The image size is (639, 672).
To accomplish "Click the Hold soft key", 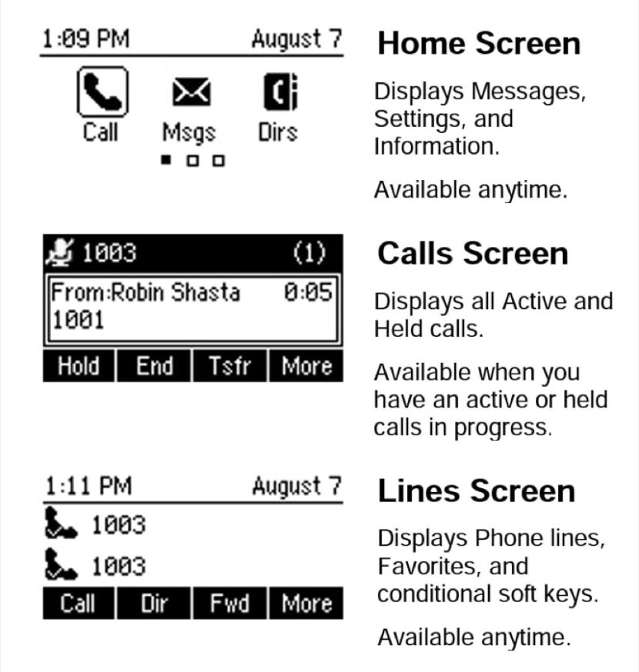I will coord(79,366).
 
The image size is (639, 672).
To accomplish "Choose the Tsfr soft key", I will coord(230,366).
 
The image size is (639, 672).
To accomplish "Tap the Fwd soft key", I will coord(230,604).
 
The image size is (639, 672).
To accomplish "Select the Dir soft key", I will coord(154,604).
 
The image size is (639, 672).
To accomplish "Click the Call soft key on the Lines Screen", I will coord(79,604).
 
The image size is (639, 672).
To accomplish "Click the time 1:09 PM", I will coord(86,39).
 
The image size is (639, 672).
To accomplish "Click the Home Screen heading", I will coord(478,44).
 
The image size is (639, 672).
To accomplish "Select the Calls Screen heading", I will coord(473,254).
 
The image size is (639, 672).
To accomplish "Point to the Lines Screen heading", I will coord(476,491).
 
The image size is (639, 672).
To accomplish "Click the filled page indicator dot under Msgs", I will coord(166,161).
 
